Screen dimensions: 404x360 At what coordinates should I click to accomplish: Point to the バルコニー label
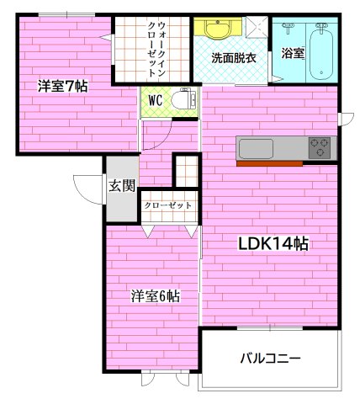pos(270,359)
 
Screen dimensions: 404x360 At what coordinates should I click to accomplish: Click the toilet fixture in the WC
pos(181,101)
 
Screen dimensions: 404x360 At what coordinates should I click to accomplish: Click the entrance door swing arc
pos(85,185)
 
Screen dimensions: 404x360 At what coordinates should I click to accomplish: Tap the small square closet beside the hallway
pos(185,170)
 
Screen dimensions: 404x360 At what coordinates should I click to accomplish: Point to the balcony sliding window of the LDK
pos(270,329)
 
